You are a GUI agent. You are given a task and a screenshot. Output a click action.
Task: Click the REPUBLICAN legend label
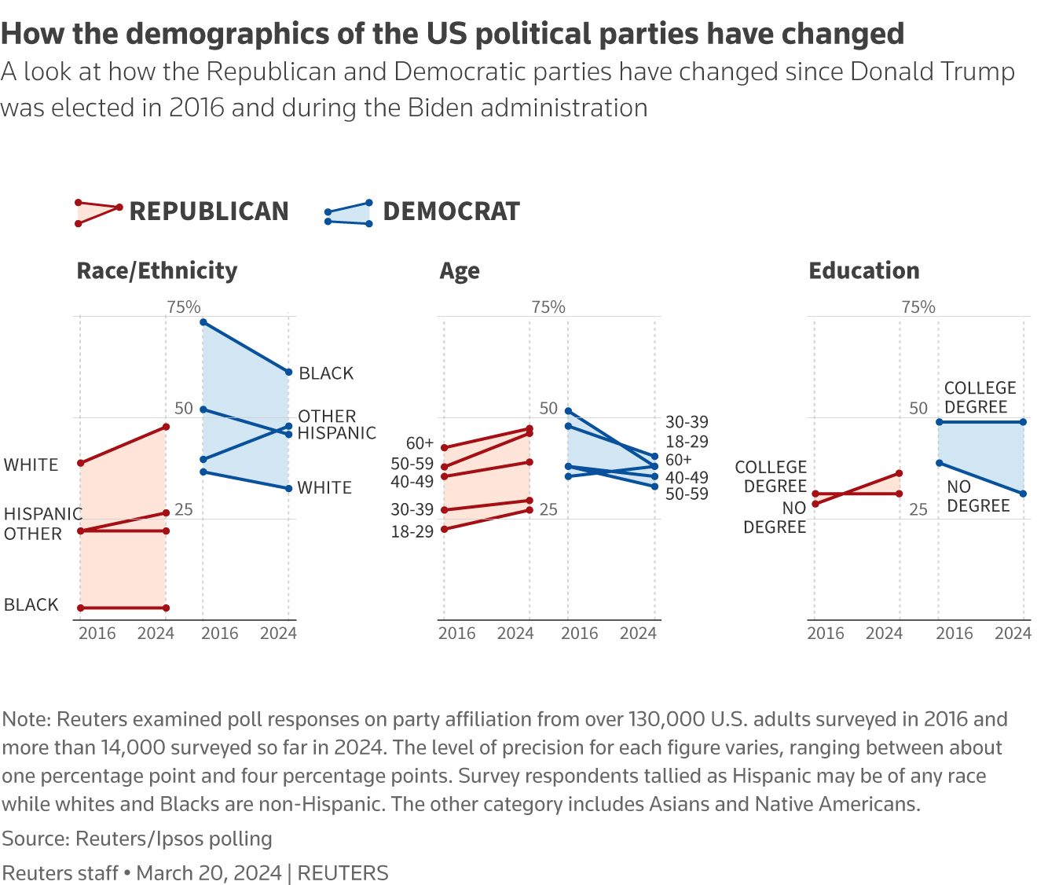click(209, 211)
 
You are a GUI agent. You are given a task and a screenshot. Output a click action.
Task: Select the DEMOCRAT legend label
click(451, 211)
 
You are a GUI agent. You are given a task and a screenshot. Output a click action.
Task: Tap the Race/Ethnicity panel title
click(156, 270)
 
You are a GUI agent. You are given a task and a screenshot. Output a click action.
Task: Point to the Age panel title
click(460, 271)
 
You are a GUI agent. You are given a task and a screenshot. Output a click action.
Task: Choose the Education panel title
click(864, 270)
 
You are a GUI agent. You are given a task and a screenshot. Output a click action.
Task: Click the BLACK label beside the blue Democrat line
click(326, 373)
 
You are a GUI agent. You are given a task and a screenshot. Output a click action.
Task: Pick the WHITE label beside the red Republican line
click(31, 465)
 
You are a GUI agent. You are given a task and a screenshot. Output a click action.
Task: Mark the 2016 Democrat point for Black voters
click(203, 322)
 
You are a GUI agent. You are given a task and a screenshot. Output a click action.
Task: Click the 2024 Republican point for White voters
click(166, 427)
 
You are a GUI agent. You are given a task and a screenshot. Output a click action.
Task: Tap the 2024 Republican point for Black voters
click(166, 608)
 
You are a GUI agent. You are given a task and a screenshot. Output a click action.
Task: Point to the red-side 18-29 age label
click(412, 532)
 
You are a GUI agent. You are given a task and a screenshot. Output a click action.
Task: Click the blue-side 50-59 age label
click(687, 494)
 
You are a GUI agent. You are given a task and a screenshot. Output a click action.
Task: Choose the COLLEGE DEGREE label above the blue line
click(980, 398)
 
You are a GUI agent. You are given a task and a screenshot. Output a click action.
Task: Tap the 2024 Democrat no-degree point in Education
click(1023, 494)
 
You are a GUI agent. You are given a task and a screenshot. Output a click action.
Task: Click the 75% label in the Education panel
click(918, 307)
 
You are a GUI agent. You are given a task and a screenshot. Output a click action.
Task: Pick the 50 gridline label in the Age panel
click(548, 409)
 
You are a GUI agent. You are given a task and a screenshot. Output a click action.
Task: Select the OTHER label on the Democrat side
click(327, 416)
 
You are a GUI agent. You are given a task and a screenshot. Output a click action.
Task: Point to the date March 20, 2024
click(209, 873)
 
